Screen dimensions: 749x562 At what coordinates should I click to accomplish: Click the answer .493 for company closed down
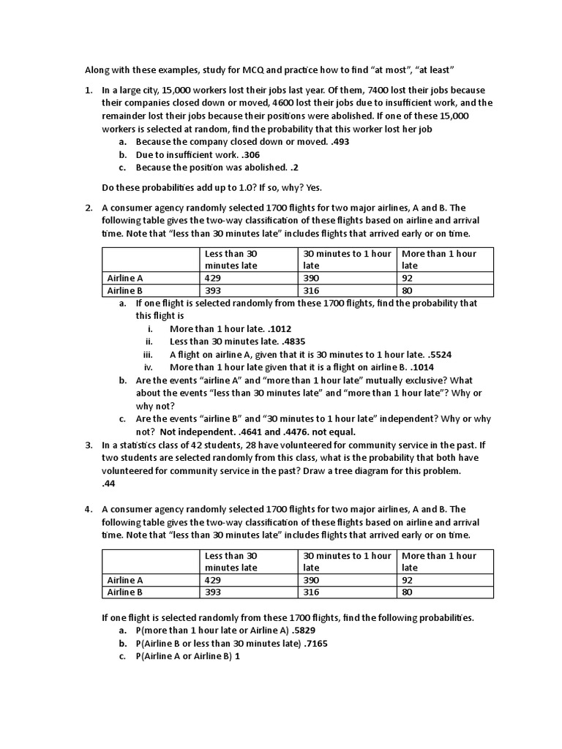click(340, 141)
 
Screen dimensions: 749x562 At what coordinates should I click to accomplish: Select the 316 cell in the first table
click(311, 290)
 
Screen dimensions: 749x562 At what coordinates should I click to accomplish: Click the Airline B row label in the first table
click(125, 290)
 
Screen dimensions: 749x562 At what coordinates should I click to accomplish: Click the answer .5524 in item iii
click(438, 355)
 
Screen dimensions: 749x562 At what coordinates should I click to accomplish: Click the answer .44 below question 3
click(109, 483)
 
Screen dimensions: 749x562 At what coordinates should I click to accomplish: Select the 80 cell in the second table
click(408, 592)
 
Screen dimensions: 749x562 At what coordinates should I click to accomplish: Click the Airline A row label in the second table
click(125, 580)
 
